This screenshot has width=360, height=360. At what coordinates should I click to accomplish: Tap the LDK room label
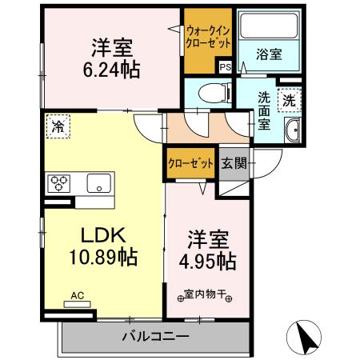click(100, 236)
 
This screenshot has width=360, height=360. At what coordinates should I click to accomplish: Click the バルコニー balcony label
click(155, 335)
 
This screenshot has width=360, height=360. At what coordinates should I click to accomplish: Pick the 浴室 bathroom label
click(268, 54)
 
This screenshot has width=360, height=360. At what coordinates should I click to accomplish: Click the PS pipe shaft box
click(226, 67)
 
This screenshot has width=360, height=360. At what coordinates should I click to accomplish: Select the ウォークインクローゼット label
click(206, 37)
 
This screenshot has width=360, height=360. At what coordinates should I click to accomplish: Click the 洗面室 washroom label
click(265, 111)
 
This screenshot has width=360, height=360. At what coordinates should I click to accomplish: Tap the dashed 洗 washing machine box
click(289, 100)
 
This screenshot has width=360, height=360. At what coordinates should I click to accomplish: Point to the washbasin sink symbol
click(294, 131)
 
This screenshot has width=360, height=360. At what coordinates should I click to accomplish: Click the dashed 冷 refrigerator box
click(58, 126)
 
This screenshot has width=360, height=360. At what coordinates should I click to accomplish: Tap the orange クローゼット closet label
click(190, 164)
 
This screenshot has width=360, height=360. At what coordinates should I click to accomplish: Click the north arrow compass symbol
click(306, 336)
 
